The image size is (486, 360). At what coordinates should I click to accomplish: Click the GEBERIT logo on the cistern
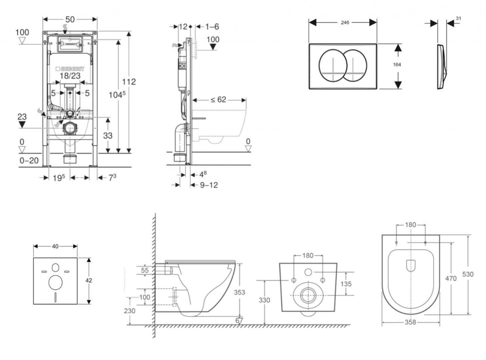pyautogui.click(x=69, y=68)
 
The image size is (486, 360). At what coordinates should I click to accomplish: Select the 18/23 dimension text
pyautogui.click(x=69, y=75)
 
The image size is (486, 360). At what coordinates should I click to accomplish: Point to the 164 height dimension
pyautogui.click(x=391, y=65)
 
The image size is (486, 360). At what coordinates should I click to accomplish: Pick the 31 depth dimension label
pyautogui.click(x=458, y=18)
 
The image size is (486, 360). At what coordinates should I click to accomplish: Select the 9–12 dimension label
pyautogui.click(x=208, y=185)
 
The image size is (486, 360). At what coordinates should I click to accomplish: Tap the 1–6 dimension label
pyautogui.click(x=210, y=27)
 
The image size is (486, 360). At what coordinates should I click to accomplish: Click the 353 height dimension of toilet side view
pyautogui.click(x=240, y=293)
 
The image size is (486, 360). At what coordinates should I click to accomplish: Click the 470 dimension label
pyautogui.click(x=451, y=278)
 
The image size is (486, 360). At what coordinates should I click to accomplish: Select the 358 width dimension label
pyautogui.click(x=410, y=322)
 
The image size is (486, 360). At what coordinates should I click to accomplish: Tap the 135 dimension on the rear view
pyautogui.click(x=346, y=284)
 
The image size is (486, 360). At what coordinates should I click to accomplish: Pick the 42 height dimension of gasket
pyautogui.click(x=89, y=281)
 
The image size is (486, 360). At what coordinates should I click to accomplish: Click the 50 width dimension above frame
pyautogui.click(x=70, y=19)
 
